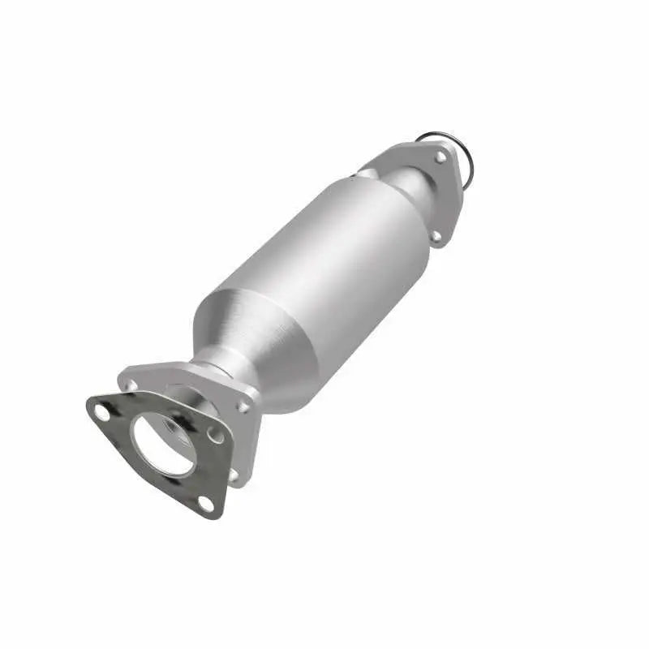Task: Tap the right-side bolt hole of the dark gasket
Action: (x=215, y=436)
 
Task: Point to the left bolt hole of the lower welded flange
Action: (x=130, y=385)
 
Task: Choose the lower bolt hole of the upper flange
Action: (x=436, y=235)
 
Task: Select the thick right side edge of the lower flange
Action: (x=252, y=438)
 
